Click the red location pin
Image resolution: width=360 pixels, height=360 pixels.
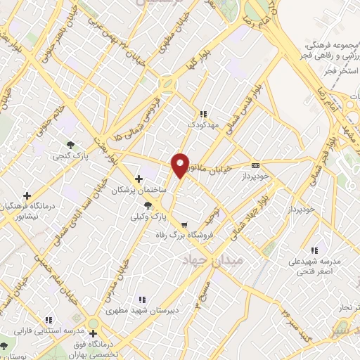pos(181,165)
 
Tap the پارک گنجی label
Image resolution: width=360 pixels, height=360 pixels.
pos(74,156)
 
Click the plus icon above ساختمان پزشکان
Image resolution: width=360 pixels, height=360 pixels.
pos(139,179)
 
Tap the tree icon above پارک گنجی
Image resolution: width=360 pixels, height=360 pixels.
pos(70,145)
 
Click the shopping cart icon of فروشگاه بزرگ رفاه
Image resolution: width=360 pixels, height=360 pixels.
pos(184,226)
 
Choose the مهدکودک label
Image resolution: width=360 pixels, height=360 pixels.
pos(204,124)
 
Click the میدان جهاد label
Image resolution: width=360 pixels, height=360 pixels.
pos(205,261)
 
